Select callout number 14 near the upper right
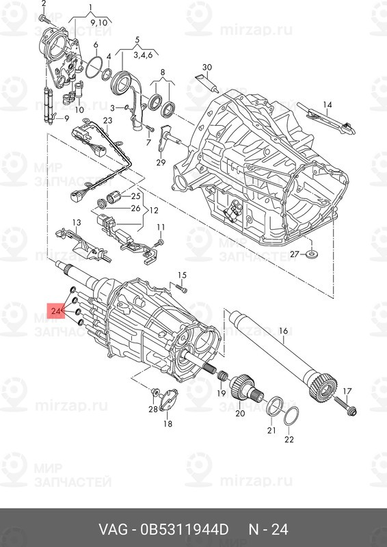coord(328,105)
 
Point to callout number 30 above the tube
coord(207,67)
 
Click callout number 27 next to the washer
coord(294,254)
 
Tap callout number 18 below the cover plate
coord(168,424)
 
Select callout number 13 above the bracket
coord(77,222)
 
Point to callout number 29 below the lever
coord(161,162)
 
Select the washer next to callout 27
coord(312,254)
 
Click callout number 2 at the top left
coord(44,4)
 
